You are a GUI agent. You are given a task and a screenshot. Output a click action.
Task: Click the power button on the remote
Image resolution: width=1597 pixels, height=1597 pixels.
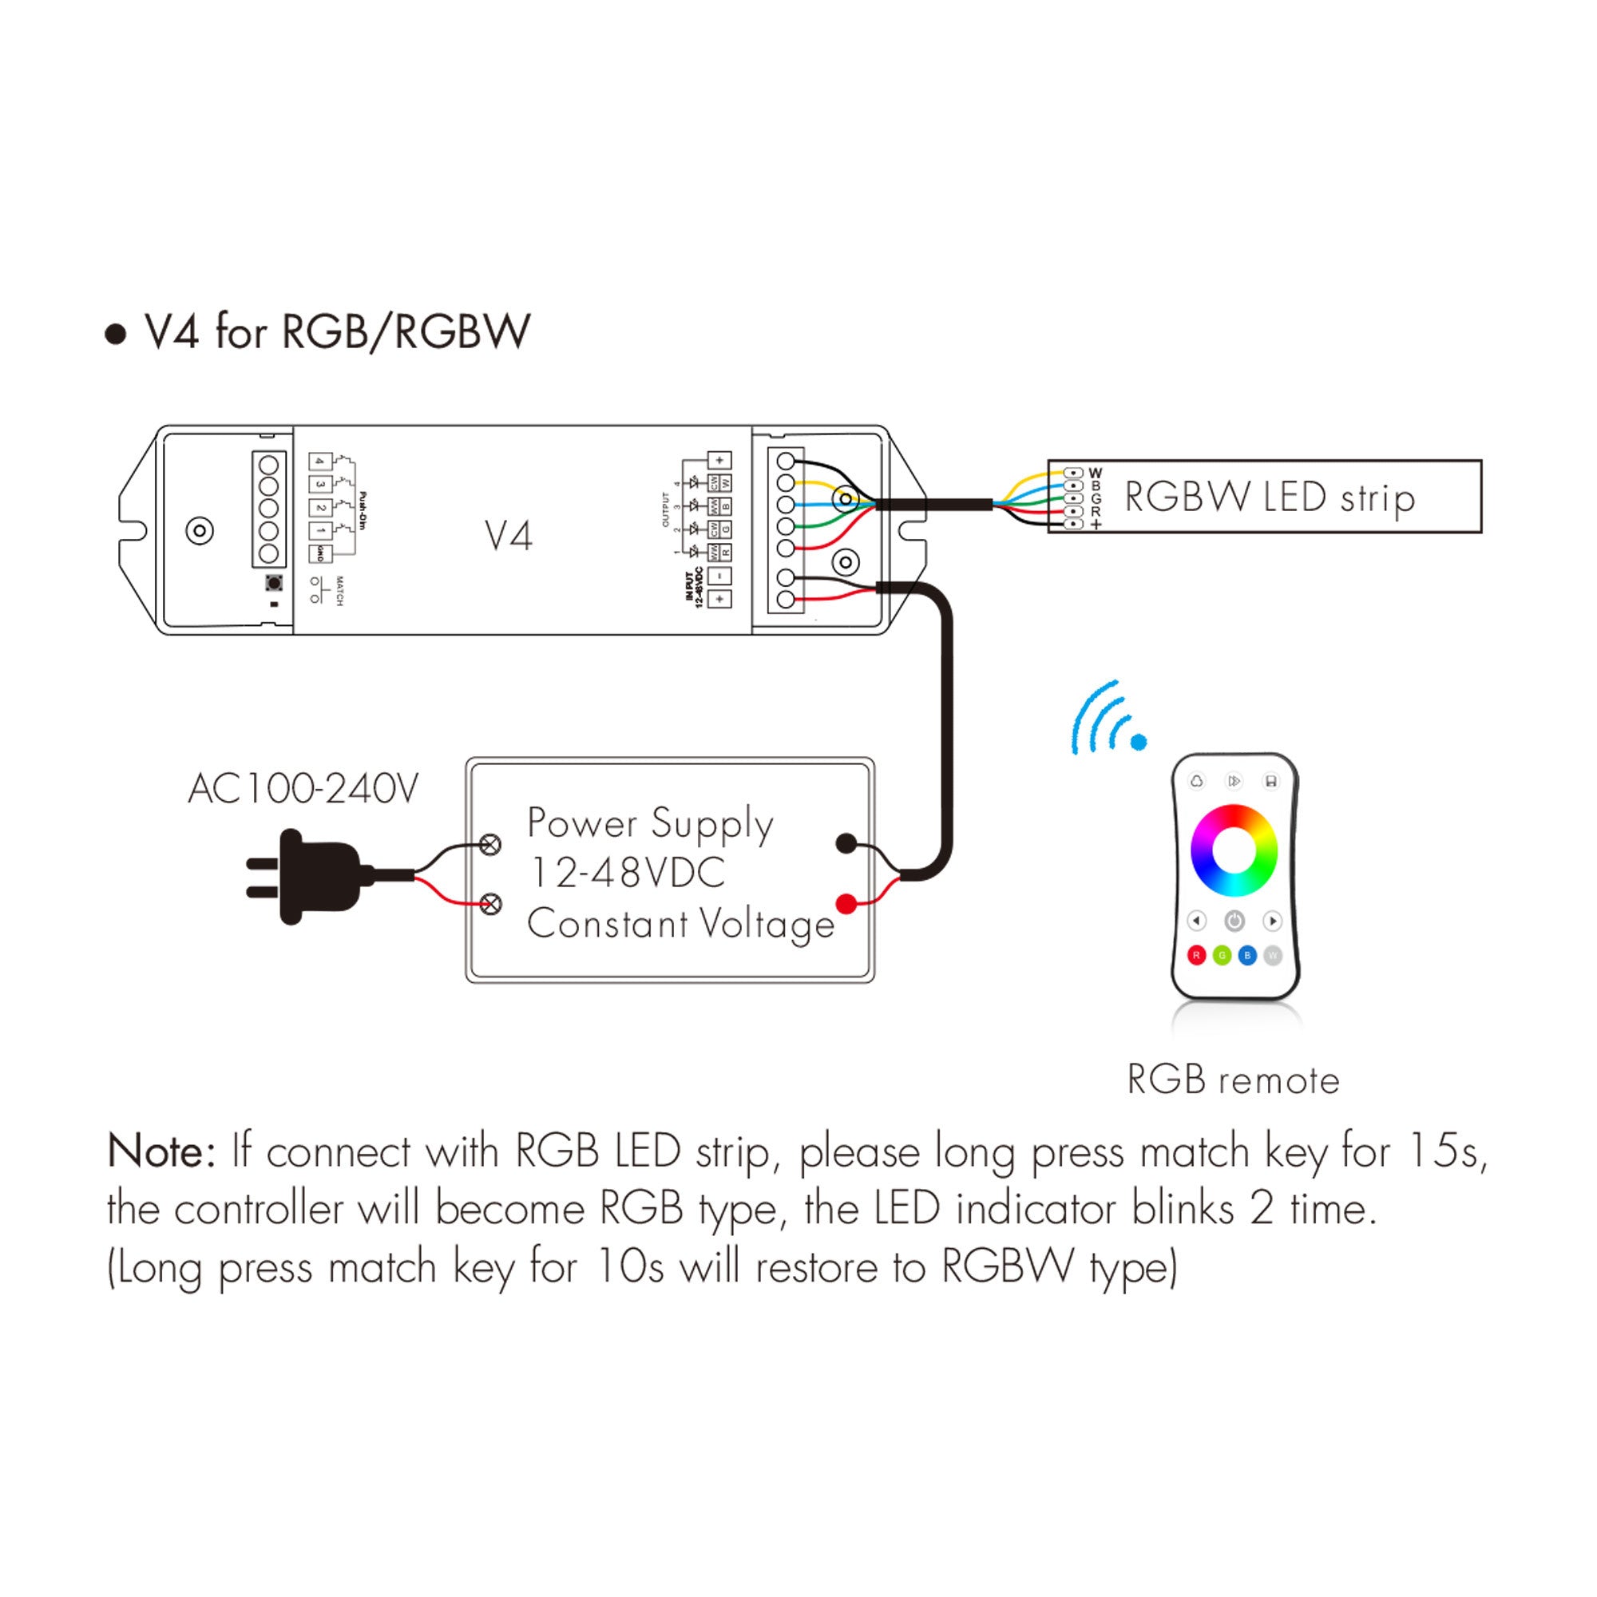coord(1234,920)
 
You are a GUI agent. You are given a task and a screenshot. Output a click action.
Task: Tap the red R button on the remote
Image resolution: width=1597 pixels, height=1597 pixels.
coord(1196,956)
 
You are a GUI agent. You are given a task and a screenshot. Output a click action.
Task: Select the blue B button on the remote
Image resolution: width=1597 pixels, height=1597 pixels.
coord(1247,956)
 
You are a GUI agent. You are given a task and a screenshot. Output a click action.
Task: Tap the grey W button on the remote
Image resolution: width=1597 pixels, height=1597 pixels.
coord(1273,956)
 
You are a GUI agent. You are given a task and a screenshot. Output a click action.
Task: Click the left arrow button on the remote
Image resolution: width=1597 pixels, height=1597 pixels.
coord(1196,920)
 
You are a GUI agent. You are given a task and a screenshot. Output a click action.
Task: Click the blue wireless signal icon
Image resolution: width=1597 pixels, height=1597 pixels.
coord(1108,719)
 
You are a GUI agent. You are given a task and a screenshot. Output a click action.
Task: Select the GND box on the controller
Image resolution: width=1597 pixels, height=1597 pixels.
coord(321,554)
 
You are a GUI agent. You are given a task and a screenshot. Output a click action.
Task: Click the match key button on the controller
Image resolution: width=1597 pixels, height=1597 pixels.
coord(274,584)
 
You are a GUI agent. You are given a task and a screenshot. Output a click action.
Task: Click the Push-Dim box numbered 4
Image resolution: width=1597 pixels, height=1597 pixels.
coord(321,462)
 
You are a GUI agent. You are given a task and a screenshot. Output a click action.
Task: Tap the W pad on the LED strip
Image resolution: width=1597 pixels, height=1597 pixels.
coord(1073,473)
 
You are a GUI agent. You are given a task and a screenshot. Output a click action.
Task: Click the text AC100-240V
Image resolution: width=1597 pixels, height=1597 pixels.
coord(303,789)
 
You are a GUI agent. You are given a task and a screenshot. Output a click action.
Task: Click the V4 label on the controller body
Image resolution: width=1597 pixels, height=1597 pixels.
coord(509,537)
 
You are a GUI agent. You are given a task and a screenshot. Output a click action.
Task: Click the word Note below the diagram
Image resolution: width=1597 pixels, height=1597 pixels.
coord(161,1151)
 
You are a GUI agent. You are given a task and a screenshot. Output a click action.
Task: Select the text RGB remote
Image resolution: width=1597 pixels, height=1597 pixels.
coord(1232,1080)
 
